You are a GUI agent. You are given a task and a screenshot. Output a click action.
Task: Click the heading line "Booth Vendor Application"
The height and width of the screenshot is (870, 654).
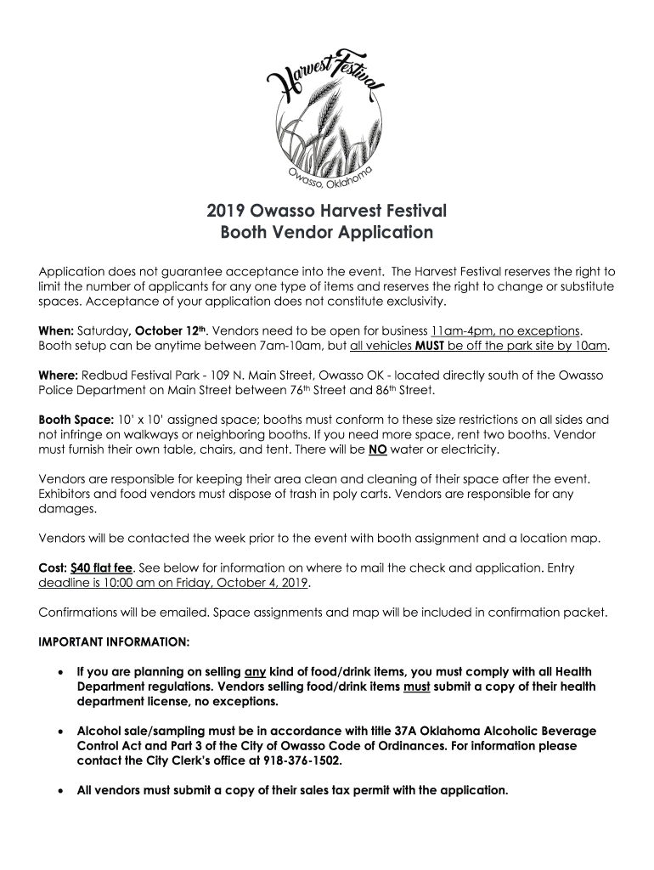327,232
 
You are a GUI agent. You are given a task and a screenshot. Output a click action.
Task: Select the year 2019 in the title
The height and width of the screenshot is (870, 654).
227,210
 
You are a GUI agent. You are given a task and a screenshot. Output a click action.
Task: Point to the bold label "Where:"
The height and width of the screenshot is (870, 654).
59,375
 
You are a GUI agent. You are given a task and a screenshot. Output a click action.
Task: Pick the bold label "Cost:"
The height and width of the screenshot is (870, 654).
54,567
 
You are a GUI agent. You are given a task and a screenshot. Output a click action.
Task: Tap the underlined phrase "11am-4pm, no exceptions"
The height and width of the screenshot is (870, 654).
505,330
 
